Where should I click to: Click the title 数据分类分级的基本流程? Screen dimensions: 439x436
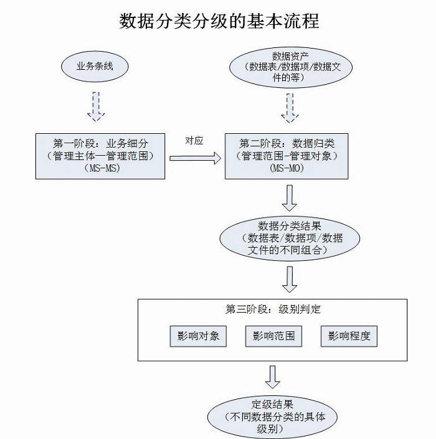[x=219, y=21]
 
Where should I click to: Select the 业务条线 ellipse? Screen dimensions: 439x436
[x=95, y=66]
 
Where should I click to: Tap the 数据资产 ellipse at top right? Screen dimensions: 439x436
[x=287, y=67]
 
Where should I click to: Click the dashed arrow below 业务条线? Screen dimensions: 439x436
[x=95, y=106]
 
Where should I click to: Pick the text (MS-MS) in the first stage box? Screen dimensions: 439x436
[x=100, y=168]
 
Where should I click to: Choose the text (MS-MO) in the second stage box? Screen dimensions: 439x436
[x=287, y=168]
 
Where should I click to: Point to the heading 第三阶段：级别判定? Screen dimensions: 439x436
[x=273, y=309]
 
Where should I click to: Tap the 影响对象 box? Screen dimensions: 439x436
[x=198, y=336]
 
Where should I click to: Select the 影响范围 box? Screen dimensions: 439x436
[x=273, y=336]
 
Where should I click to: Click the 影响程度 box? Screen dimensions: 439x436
[x=349, y=336]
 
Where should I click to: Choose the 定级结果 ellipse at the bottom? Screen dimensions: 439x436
[x=272, y=413]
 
